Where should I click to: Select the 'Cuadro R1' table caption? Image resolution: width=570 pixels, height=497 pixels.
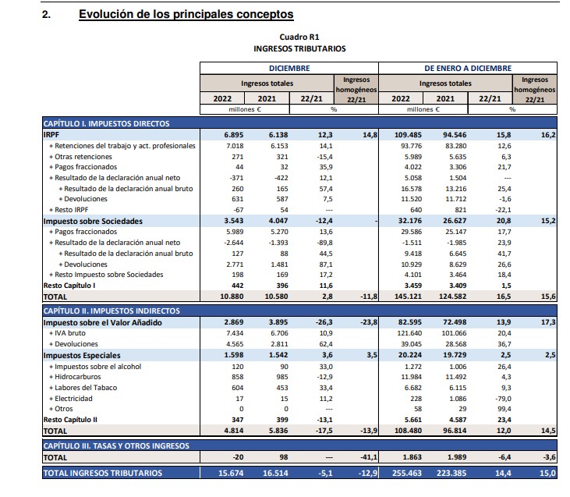299,37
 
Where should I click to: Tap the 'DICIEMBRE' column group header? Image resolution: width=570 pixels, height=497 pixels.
289,68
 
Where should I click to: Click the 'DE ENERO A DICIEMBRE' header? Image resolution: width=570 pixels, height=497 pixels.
468,68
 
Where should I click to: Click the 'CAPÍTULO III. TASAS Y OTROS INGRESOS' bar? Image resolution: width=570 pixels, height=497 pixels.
116,446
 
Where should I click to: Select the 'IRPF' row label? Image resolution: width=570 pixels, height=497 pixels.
52,135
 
